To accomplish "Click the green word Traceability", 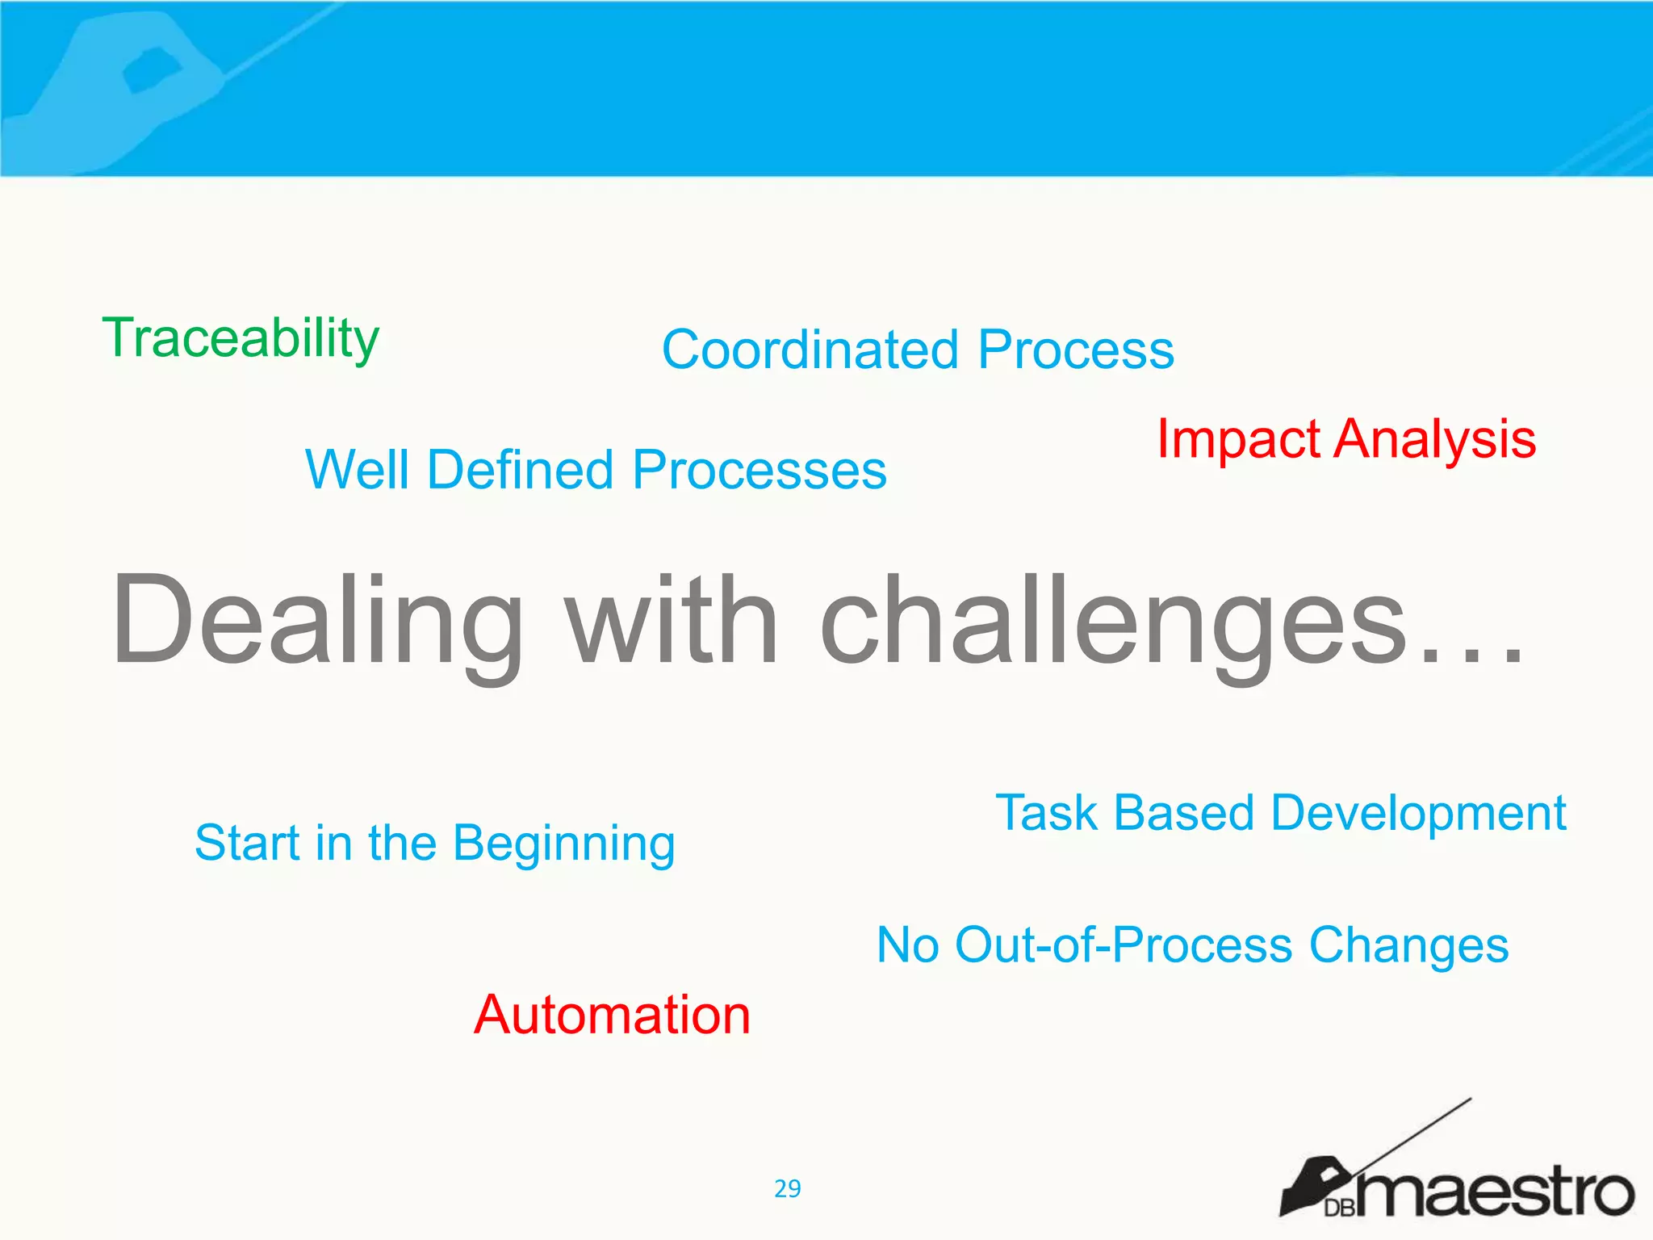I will [x=241, y=339].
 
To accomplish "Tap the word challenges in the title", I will [x=1114, y=622].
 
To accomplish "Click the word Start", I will [x=247, y=843].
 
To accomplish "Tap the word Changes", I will [x=1408, y=946].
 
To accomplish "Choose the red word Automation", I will [x=612, y=1015].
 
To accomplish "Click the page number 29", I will [x=787, y=1188].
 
